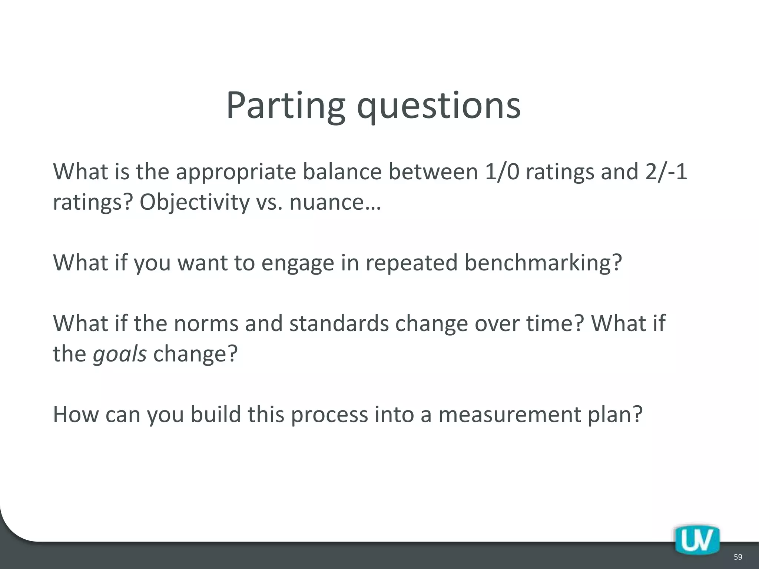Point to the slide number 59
738,557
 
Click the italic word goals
120,354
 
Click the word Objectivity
195,203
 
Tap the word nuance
332,203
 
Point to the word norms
206,323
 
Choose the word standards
339,323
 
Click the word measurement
510,414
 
